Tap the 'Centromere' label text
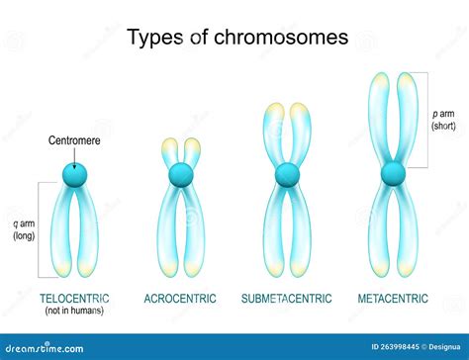75,140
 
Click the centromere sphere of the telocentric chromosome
74,175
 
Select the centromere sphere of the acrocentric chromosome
180,175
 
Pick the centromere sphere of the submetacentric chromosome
287,175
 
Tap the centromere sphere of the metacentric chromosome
394,175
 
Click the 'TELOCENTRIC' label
74,299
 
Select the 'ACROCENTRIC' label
180,299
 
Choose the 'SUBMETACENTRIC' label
287,299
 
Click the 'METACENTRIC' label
394,299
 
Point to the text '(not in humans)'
74,311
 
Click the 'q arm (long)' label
23,228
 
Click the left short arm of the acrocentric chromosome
169,152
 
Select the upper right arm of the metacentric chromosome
406,119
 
